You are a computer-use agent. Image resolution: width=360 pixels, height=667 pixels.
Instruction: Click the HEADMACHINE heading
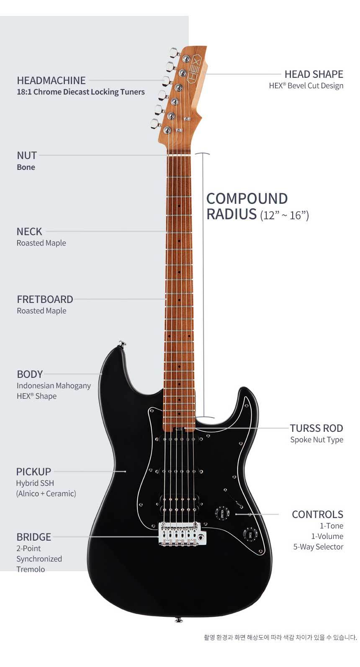click(51, 80)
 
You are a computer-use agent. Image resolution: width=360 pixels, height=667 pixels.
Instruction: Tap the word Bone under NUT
click(26, 167)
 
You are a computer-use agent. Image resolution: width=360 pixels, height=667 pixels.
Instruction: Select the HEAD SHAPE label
click(314, 74)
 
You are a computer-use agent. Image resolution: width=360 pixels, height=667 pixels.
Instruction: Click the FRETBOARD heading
click(45, 299)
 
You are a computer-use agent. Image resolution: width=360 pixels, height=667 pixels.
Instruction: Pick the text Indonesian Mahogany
click(54, 385)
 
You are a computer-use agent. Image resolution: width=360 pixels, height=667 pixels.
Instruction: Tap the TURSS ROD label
click(316, 428)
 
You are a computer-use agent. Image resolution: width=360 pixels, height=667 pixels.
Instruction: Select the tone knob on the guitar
click(249, 534)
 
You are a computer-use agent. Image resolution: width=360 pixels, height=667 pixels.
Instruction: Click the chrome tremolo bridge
click(180, 534)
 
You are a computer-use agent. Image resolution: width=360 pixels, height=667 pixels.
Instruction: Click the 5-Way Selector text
click(318, 546)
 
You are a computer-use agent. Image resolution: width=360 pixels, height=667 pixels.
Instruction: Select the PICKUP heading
click(33, 472)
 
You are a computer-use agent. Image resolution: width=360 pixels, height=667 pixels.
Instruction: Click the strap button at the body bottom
click(178, 619)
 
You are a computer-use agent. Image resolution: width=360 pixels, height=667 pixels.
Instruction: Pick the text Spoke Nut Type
click(316, 439)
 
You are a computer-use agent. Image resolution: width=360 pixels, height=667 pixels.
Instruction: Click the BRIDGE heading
click(33, 537)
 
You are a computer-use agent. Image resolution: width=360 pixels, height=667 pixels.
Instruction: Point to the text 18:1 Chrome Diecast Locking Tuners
click(81, 92)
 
